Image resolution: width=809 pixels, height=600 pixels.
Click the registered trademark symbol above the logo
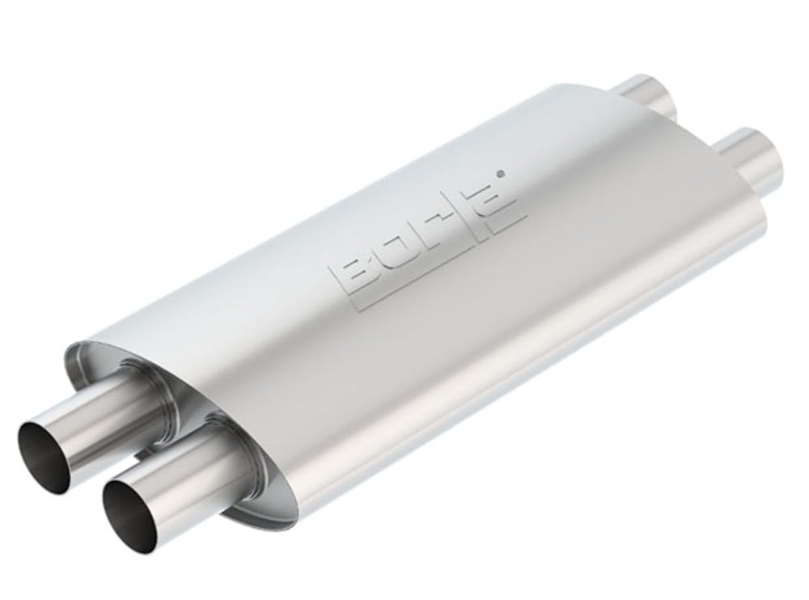pos(503,172)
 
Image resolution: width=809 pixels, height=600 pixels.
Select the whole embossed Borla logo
pos(425,239)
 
